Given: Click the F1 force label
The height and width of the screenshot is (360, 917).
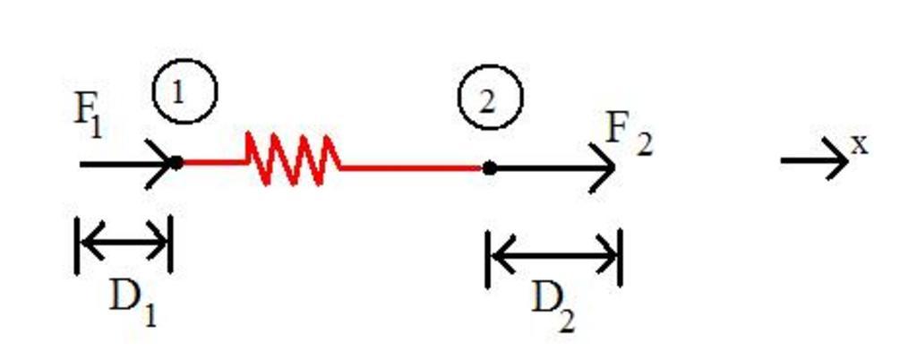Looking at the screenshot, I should tap(88, 116).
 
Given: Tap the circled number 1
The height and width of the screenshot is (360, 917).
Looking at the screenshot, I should tap(184, 92).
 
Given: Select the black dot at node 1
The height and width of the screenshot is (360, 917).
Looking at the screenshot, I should tap(176, 163).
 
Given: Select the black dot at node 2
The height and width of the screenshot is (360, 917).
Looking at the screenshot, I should tap(489, 167).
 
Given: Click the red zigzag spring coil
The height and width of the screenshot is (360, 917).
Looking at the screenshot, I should tap(292, 159).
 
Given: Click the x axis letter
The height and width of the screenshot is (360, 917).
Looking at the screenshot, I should tap(860, 144).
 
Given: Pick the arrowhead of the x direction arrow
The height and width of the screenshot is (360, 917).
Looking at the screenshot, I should tap(837, 160).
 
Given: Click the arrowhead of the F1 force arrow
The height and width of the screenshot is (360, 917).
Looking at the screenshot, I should tap(161, 164).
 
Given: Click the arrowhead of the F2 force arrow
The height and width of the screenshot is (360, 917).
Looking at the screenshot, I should tap(604, 167).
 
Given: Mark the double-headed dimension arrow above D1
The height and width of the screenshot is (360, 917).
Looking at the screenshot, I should tap(124, 240).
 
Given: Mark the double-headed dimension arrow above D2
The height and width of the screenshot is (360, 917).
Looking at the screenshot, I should tap(553, 256).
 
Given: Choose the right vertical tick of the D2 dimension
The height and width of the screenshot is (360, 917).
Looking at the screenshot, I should tap(620, 258).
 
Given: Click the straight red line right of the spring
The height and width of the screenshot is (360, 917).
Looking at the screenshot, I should tap(412, 167).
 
